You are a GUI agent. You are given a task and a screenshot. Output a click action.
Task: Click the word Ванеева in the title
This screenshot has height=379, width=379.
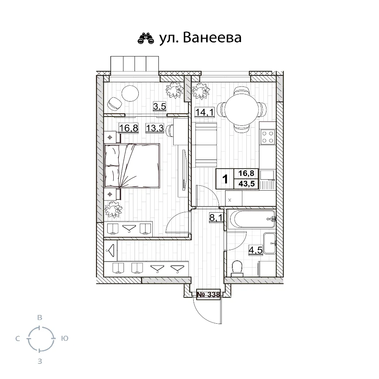coord(212,38)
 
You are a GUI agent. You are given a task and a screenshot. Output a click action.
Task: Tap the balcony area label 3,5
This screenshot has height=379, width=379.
coord(160,106)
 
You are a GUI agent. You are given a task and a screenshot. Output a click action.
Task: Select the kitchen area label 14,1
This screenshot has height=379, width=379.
coord(205,112)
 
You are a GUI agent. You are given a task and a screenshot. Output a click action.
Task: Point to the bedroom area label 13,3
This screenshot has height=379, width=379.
coord(155,128)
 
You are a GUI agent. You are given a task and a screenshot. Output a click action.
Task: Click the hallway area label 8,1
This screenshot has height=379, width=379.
coord(216,218)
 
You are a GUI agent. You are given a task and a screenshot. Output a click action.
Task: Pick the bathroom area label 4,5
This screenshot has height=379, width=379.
coord(255,250)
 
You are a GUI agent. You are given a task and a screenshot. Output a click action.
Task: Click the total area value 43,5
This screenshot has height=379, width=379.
coord(247,184)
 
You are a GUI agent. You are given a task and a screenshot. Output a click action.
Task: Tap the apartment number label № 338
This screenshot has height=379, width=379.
coord(208,294)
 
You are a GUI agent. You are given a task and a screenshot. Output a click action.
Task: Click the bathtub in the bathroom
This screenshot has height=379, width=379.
coord(252,219)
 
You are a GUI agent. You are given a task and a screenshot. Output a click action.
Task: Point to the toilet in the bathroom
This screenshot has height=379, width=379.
coord(237,269)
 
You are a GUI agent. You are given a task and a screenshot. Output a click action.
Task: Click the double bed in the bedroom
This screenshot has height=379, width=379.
coord(132,166)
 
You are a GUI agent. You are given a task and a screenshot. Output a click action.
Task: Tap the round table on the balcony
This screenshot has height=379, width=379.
coord(130,94)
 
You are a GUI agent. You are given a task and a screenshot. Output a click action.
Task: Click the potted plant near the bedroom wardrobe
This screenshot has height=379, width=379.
coord(113,209)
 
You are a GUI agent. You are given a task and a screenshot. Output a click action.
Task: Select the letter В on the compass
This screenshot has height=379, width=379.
coord(40,317)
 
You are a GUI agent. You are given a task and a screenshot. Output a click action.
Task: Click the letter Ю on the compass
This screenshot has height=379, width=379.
coord(65,338)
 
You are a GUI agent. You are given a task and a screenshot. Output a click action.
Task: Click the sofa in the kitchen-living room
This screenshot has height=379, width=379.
coord(206,145)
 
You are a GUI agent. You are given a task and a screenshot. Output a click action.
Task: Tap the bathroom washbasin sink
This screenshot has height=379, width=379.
coord(269,243)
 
